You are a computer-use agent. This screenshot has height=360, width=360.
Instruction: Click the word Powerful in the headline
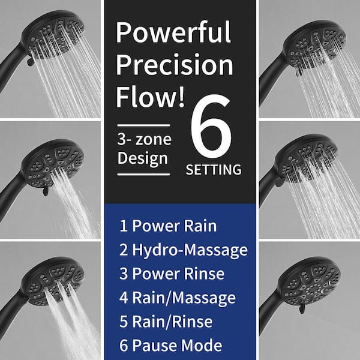[x=173, y=32]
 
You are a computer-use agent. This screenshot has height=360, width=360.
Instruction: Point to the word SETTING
[x=214, y=170]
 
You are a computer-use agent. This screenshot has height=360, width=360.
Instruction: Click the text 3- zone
[x=144, y=139]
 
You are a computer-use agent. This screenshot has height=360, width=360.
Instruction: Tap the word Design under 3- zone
[x=143, y=159]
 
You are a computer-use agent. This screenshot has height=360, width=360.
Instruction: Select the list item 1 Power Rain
[x=168, y=226]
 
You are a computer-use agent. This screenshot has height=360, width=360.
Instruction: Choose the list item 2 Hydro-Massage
[x=184, y=250]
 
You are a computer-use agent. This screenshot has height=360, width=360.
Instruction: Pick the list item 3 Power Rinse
[x=172, y=274]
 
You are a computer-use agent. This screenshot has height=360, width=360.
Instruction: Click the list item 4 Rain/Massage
[x=177, y=298]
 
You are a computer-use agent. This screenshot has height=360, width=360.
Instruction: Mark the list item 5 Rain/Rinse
[x=166, y=322]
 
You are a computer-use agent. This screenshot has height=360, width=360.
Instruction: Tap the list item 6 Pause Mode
[x=170, y=345]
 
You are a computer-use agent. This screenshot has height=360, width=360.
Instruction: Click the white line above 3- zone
[x=143, y=125]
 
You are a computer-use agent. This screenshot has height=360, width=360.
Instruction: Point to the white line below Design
[x=143, y=175]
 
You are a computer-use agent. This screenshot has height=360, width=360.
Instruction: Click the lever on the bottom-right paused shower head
[x=302, y=309]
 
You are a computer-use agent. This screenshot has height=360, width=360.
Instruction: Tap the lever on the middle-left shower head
[x=46, y=191]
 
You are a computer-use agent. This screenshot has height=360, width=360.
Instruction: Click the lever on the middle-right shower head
[x=280, y=182]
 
